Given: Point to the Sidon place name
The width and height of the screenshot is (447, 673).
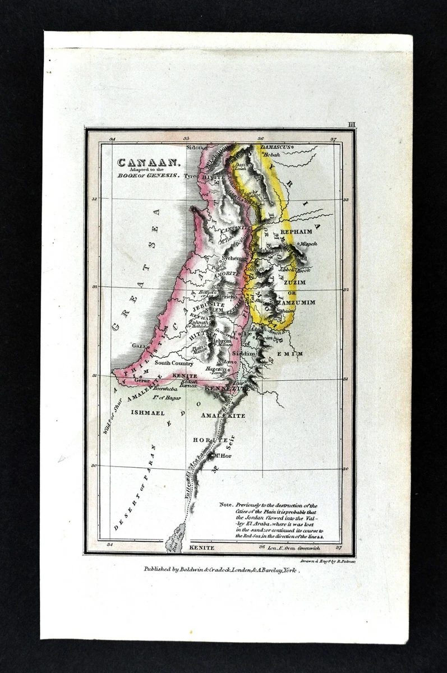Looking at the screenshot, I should tap(193, 147).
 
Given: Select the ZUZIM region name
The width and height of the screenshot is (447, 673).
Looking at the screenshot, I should tap(294, 282).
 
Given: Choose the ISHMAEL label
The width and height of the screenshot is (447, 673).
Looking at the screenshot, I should tap(148, 412).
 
